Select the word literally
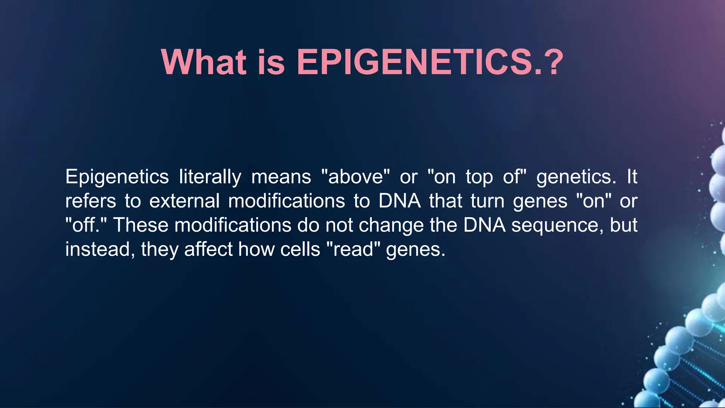[x=210, y=177]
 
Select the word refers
[x=91, y=201]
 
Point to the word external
[x=184, y=201]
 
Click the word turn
[x=487, y=201]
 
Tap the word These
[x=141, y=225]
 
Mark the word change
[x=391, y=226]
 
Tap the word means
[x=281, y=177]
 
